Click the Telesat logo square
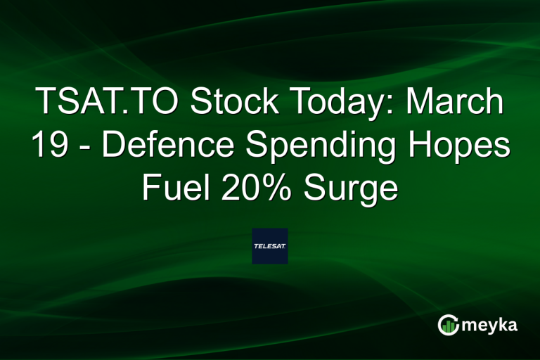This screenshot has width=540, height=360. click(x=269, y=246)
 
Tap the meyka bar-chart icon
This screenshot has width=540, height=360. click(x=449, y=324)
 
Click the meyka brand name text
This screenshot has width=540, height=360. click(x=492, y=324)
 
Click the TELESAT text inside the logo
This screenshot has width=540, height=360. click(x=269, y=246)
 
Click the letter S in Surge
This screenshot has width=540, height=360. click(x=316, y=188)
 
